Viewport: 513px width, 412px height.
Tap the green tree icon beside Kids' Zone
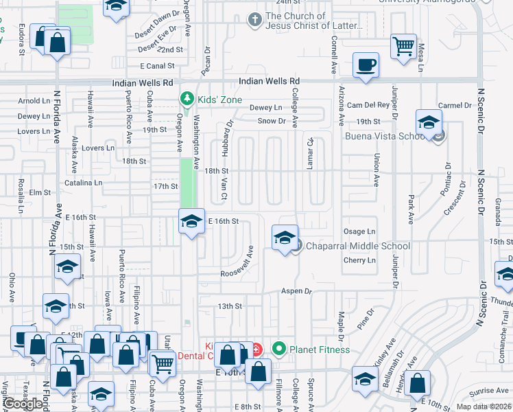click(184, 99)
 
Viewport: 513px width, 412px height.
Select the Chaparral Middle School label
click(357, 246)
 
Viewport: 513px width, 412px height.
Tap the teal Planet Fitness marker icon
click(278, 350)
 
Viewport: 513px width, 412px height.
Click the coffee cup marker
click(366, 66)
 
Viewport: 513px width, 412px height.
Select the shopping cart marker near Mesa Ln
click(403, 47)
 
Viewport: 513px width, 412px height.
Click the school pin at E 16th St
click(191, 221)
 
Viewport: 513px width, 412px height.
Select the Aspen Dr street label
click(296, 291)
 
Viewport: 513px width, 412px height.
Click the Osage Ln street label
click(360, 231)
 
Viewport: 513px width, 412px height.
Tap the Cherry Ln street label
click(360, 260)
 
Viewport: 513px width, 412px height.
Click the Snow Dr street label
click(272, 121)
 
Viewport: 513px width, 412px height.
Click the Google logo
click(23, 404)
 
